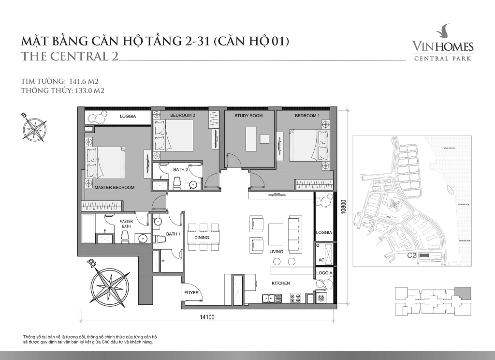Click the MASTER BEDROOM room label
(114, 187)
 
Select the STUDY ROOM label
(248, 116)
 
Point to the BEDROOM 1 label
(307, 116)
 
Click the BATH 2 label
(181, 170)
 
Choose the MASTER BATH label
(126, 224)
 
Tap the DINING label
(202, 238)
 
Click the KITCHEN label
(280, 283)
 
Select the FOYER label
(191, 293)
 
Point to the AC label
(321, 260)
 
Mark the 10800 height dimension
(344, 211)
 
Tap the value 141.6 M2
(83, 81)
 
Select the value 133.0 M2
(87, 90)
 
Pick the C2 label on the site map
(412, 255)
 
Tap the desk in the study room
(250, 139)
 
